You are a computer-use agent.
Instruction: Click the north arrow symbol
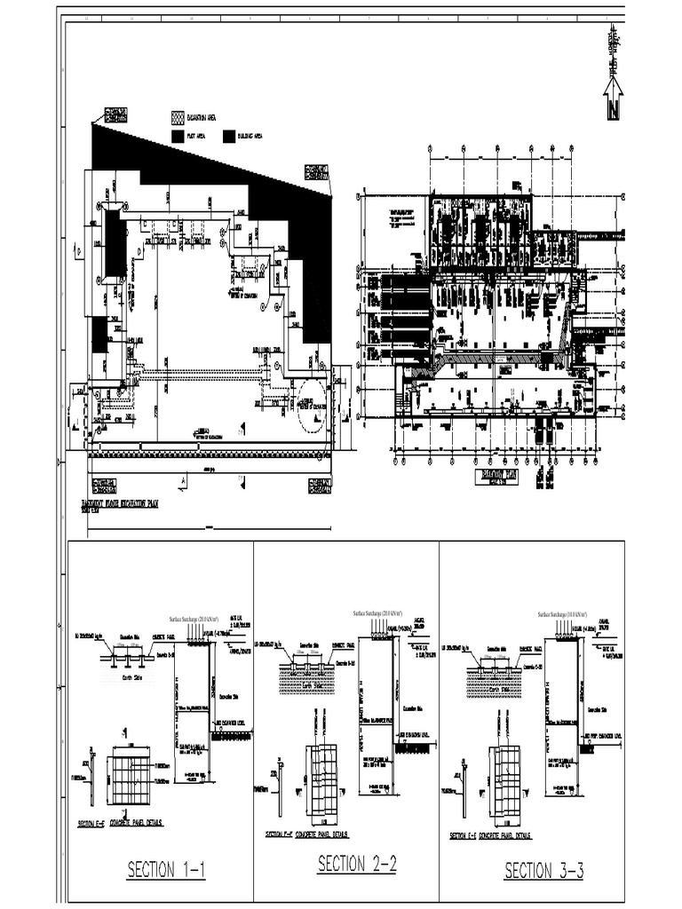click(x=613, y=99)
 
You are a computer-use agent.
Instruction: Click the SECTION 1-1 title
click(x=166, y=870)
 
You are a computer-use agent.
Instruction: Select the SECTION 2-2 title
click(x=357, y=864)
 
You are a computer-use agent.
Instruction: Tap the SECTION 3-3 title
click(x=543, y=871)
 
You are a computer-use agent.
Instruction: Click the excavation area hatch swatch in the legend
click(x=178, y=117)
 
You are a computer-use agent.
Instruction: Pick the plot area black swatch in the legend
click(x=178, y=136)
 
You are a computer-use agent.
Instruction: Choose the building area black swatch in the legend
click(x=229, y=136)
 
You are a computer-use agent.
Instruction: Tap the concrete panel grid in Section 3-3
click(x=506, y=772)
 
